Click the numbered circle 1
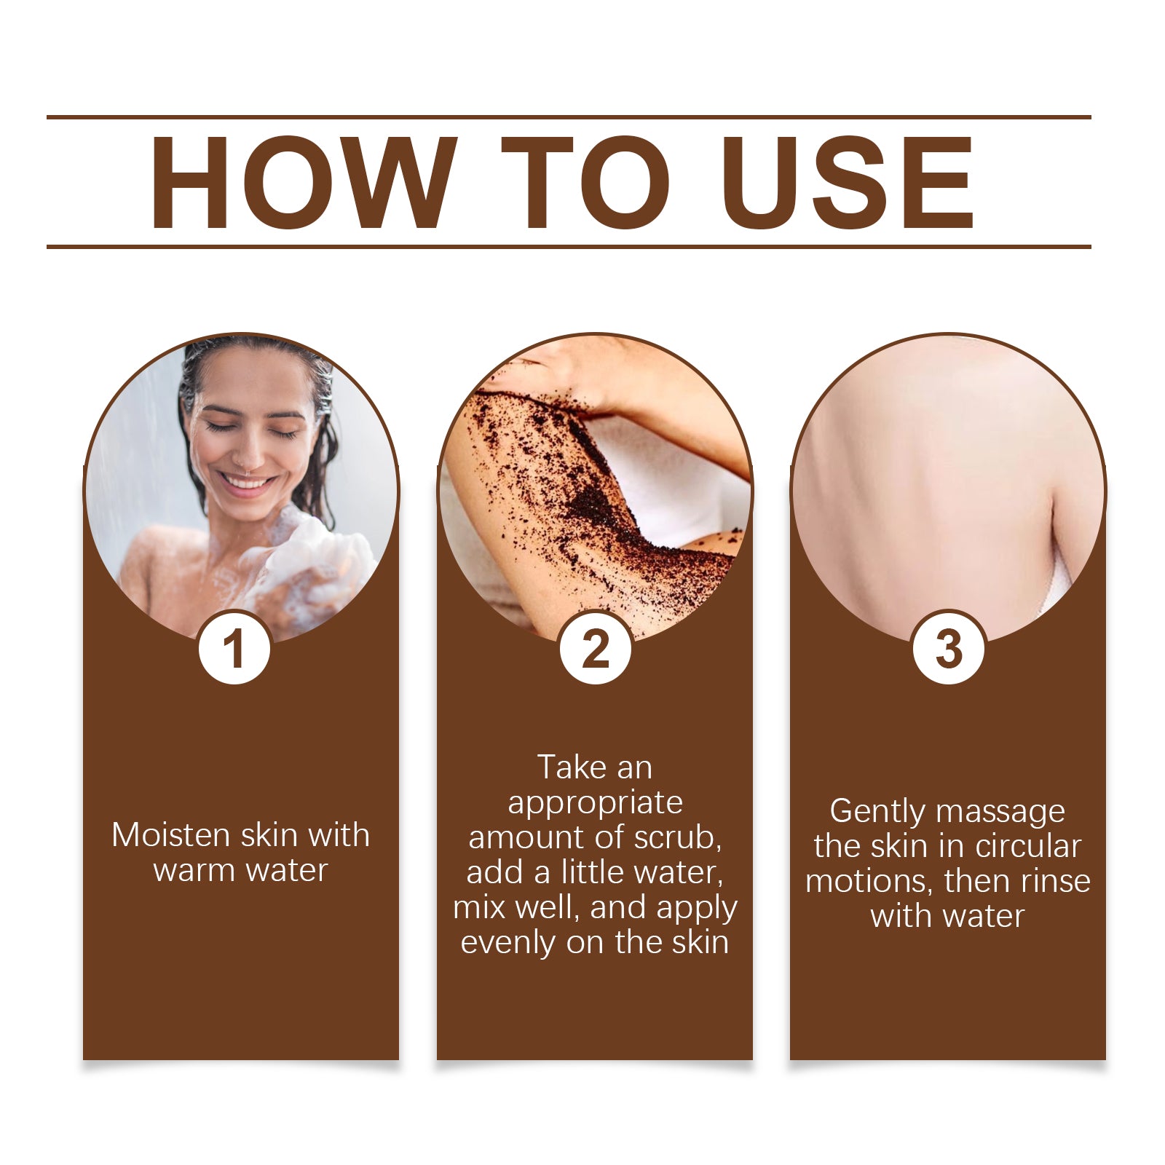click(234, 648)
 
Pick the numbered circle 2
click(595, 648)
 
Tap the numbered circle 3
click(948, 648)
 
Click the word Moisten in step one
click(170, 835)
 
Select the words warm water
click(240, 870)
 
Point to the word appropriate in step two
click(595, 802)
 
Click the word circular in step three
click(1027, 846)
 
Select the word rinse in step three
click(1055, 881)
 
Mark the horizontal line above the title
click(568, 116)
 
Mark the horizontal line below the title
click(568, 247)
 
